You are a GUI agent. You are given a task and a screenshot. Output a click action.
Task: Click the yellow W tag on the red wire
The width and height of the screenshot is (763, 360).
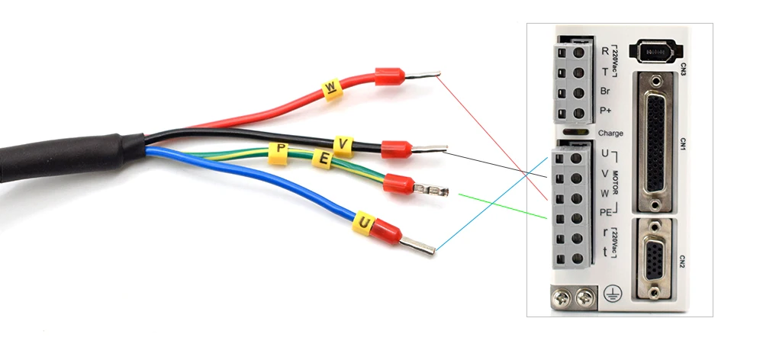pyautogui.click(x=331, y=88)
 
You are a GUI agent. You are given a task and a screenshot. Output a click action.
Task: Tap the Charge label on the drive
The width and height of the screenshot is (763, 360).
pyautogui.click(x=610, y=133)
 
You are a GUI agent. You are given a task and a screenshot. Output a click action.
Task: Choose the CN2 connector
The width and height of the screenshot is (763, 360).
pyautogui.click(x=653, y=259)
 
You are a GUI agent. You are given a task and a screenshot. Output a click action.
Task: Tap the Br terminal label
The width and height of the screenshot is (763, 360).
pyautogui.click(x=605, y=92)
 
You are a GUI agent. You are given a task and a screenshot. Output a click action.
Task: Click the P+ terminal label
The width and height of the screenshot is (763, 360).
pyautogui.click(x=606, y=112)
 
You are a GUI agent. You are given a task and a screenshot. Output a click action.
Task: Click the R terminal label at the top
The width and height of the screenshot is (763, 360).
pyautogui.click(x=605, y=51)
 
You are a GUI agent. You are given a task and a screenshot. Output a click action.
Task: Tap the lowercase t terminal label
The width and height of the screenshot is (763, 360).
pyautogui.click(x=605, y=251)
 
